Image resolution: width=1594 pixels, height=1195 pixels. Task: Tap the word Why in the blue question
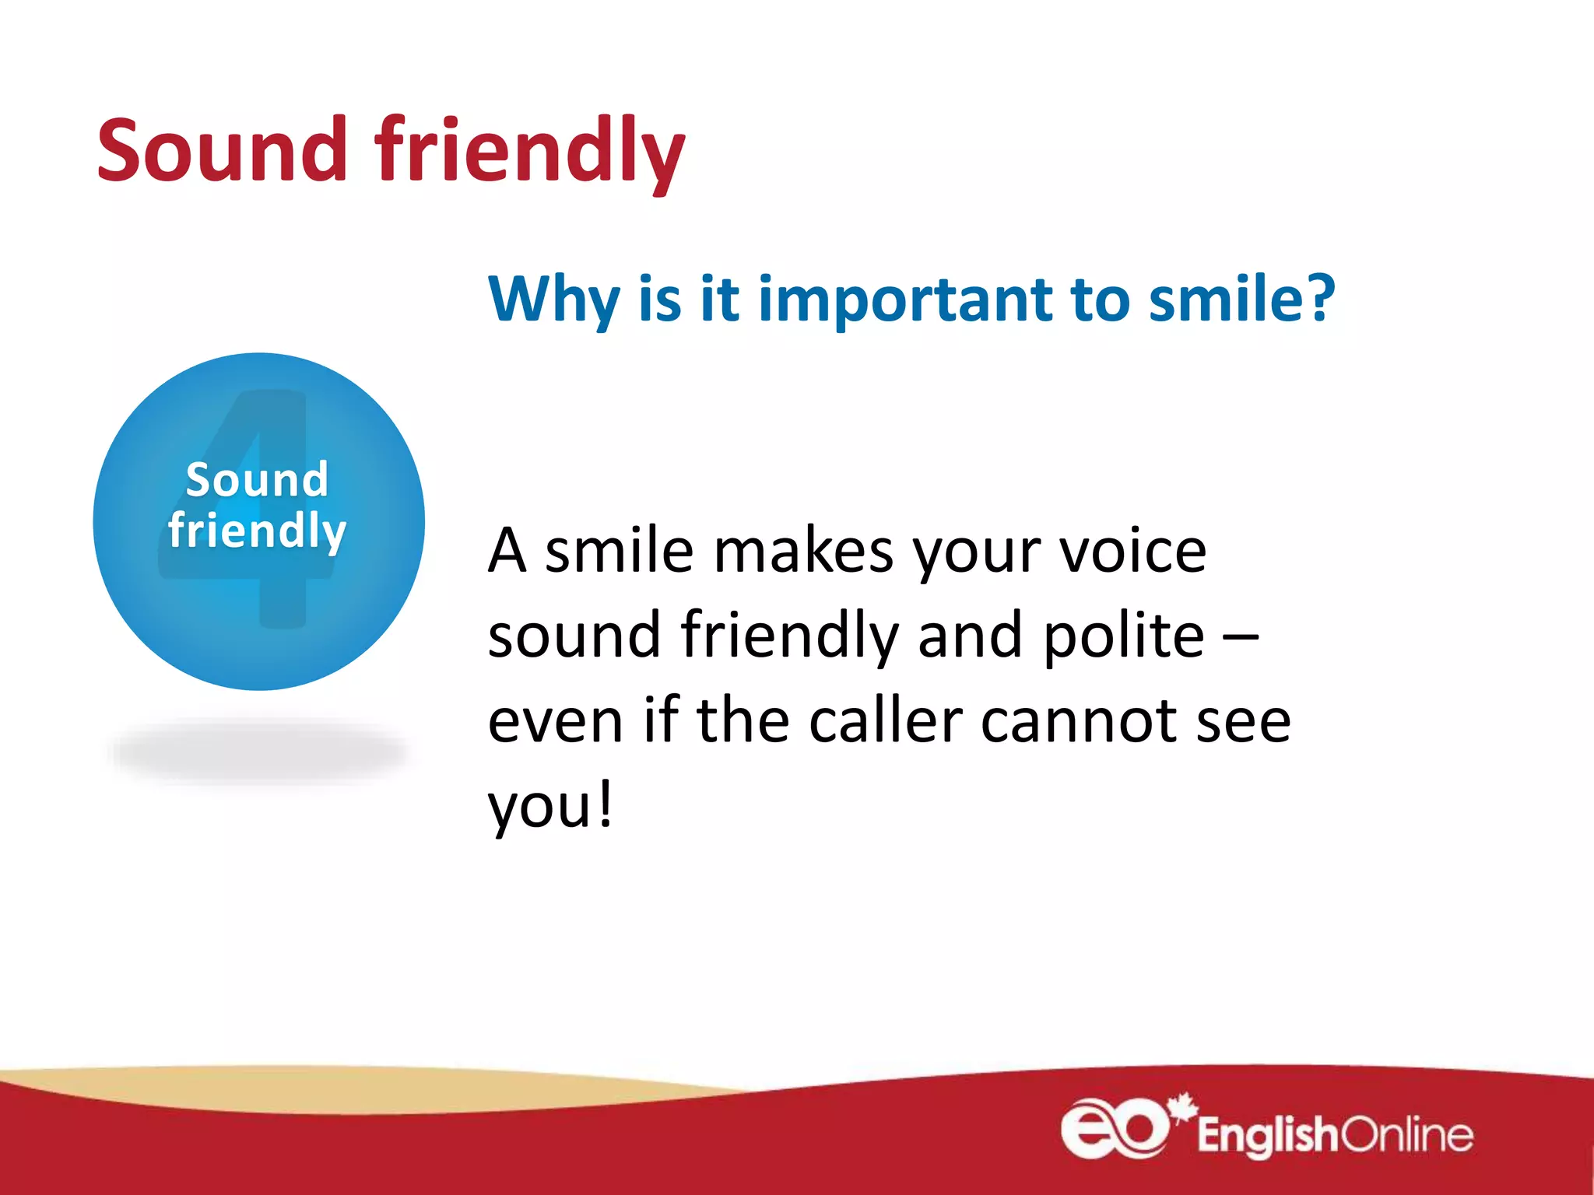pos(553,300)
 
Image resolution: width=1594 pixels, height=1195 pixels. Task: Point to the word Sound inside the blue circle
pos(257,480)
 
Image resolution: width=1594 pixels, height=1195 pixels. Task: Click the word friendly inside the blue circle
pos(257,531)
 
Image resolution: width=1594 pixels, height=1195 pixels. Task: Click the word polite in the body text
pos(1123,636)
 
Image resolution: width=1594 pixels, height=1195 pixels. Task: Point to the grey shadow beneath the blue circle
pos(259,751)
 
